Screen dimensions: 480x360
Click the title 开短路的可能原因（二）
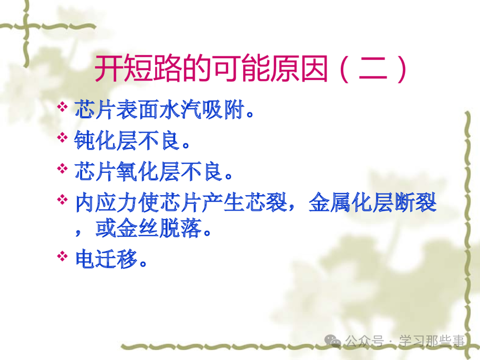[x=251, y=69]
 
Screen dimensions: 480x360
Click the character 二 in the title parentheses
[x=373, y=69]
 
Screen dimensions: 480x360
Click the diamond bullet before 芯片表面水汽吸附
[x=62, y=107]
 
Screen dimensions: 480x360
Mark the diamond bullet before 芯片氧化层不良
[x=62, y=169]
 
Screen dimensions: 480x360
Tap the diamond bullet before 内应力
[x=62, y=199]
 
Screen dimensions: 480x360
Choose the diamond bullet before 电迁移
[x=62, y=256]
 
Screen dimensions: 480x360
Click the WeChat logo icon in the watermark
[x=333, y=341]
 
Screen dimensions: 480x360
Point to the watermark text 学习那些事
[x=431, y=341]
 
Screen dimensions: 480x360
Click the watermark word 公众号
[x=364, y=341]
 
